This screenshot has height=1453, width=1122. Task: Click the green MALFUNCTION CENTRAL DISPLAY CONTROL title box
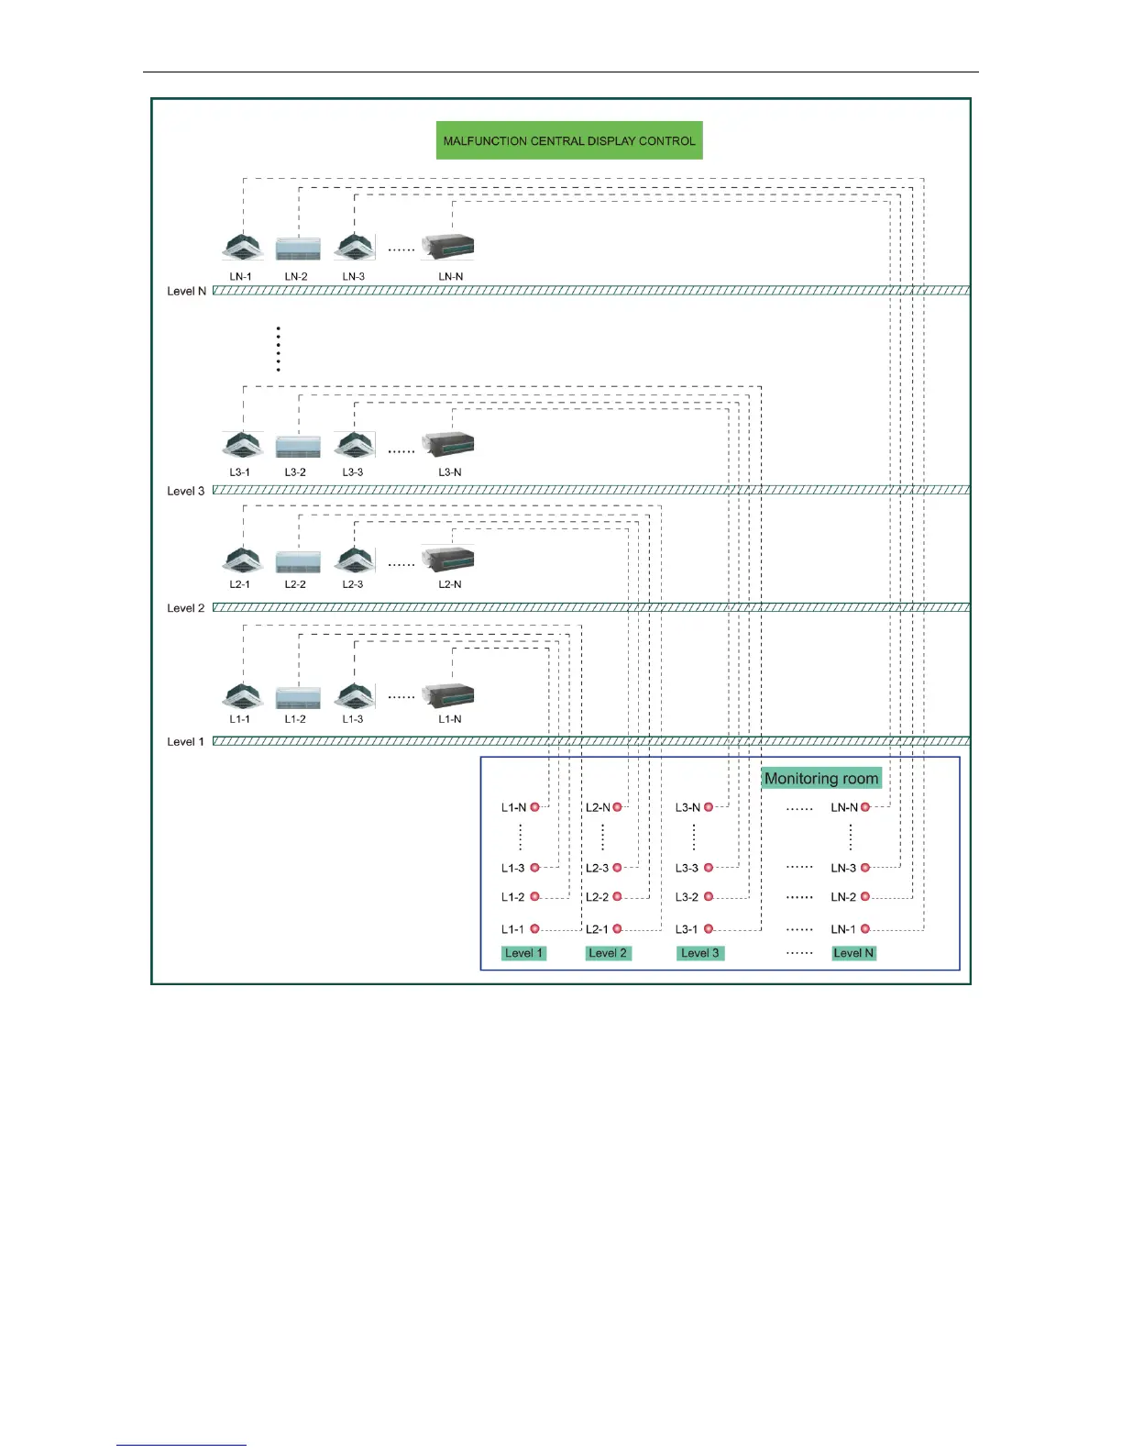coord(568,140)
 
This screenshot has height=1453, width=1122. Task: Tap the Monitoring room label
coord(820,778)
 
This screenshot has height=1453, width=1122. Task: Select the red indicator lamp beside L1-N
coord(535,807)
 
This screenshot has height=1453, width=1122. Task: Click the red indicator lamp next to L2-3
coord(617,868)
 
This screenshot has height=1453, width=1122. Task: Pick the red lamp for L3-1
coord(709,929)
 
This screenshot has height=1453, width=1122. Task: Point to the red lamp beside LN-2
coord(865,897)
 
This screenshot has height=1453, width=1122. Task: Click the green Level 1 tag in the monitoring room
coord(524,953)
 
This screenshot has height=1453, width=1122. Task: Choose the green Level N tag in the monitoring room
coord(853,953)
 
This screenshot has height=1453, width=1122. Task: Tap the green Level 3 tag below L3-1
coord(699,953)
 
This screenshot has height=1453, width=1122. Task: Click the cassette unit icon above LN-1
coord(243,247)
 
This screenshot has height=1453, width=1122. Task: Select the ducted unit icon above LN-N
coord(448,246)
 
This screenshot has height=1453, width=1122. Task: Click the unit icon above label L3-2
coord(298,447)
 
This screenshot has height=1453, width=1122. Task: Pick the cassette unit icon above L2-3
coord(355,560)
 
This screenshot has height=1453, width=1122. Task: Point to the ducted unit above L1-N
coord(448,695)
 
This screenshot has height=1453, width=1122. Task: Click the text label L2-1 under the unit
coord(240,584)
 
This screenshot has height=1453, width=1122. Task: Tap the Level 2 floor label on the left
coord(185,608)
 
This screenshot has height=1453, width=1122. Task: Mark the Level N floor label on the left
coord(186,291)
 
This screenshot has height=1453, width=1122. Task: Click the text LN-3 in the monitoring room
coord(843,868)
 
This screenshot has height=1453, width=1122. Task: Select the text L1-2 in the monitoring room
coord(513,897)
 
